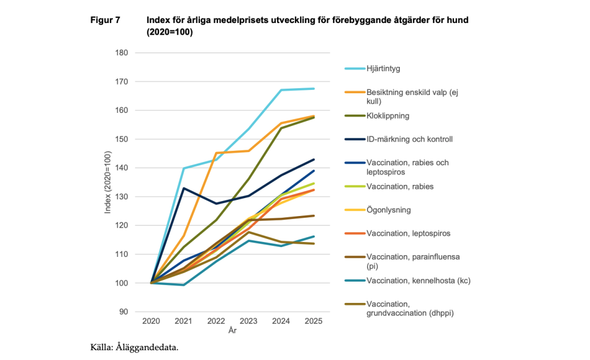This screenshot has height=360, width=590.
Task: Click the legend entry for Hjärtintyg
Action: coord(383,69)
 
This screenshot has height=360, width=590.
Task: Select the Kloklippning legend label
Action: coord(388,116)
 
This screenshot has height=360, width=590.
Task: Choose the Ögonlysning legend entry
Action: coord(388,210)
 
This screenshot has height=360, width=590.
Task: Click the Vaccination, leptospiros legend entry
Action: coord(407,234)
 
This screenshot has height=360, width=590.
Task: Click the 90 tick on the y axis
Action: coord(123,312)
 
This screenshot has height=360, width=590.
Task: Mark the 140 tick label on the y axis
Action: coord(120,168)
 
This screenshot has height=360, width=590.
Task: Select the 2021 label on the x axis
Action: coord(183,321)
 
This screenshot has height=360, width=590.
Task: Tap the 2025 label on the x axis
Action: coord(313,321)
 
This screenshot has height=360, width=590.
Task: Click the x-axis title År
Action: coord(232,331)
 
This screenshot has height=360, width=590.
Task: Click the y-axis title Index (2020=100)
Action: coord(108,182)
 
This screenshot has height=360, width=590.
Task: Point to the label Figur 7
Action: coord(105,20)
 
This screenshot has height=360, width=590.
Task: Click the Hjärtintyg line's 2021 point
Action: coord(183,168)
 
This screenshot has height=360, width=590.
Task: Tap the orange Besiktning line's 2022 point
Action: coord(216,153)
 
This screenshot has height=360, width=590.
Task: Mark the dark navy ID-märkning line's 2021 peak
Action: coord(183,188)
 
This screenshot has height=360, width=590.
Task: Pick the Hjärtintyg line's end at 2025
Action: coord(313,89)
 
